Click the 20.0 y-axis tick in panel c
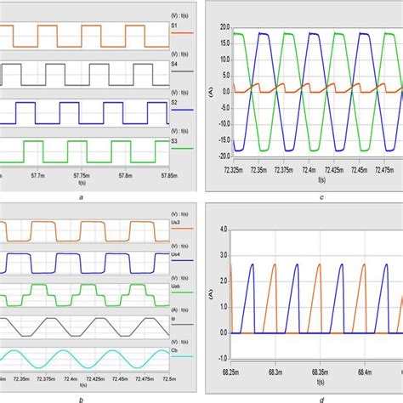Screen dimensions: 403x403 [224, 27]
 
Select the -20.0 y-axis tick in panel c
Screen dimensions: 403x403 [223, 156]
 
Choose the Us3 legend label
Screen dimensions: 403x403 [176, 224]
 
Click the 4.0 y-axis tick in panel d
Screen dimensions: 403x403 [224, 230]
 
